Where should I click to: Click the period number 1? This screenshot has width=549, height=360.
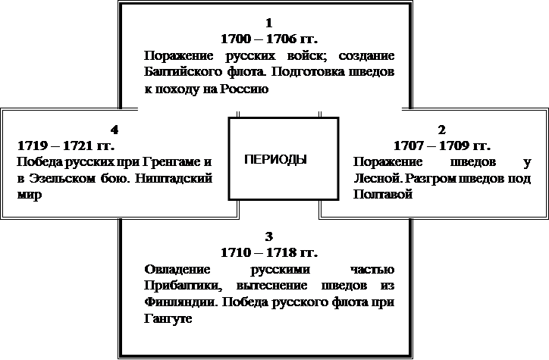coord(269,23)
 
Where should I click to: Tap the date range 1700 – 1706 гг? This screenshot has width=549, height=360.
coord(269,39)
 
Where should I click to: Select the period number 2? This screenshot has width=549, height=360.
coord(442,130)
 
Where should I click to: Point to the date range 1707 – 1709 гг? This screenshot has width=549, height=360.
coord(442,146)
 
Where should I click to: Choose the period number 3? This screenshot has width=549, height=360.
coord(269,236)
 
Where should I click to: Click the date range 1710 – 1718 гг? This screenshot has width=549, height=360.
coord(269,252)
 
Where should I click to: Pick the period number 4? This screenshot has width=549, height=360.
coord(115,130)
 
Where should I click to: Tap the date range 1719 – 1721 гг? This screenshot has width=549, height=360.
coord(66,146)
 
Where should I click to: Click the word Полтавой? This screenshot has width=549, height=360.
coord(383,194)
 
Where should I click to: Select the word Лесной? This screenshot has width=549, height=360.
coord(378,178)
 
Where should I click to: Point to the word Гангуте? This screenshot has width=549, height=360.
coord(168,318)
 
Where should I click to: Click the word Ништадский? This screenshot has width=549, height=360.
coord(174,178)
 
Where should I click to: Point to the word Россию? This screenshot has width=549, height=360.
coord(244,89)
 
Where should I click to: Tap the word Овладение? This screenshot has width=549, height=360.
coord(177,269)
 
